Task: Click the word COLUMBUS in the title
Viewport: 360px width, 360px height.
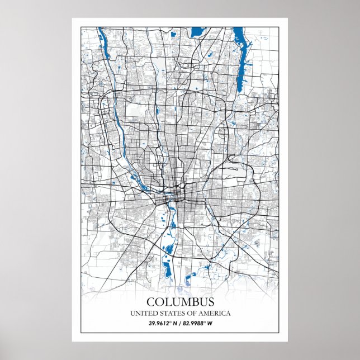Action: pos(179,302)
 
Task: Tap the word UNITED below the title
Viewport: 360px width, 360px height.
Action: pos(143,314)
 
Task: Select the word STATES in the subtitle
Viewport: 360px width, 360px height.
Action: pos(171,314)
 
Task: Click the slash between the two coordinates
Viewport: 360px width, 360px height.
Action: pos(180,324)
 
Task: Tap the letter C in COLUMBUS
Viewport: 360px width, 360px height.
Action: pos(150,302)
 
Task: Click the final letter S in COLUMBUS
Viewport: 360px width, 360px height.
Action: pos(210,302)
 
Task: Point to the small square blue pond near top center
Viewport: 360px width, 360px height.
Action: pos(173,36)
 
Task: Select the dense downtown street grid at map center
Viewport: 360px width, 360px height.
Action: pos(177,196)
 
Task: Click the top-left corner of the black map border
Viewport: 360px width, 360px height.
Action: pos(80,26)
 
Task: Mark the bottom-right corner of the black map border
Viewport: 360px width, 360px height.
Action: pos(279,333)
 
